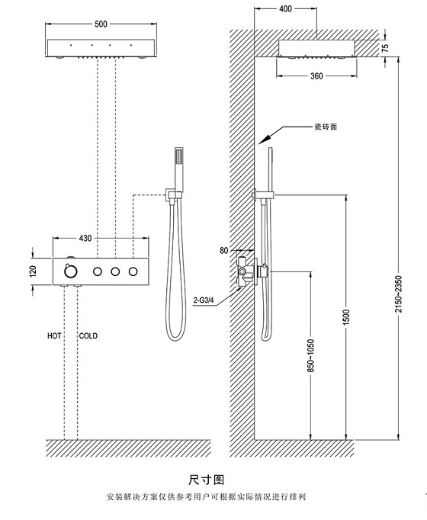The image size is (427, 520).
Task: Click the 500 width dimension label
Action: point(100,24)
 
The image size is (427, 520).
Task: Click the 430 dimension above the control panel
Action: point(85,239)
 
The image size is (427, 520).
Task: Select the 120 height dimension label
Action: point(33,271)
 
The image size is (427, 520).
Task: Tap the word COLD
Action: point(88,335)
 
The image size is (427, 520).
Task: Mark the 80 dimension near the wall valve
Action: point(223,249)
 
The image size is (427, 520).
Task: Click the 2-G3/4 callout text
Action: point(204,300)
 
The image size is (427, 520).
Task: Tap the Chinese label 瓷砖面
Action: point(325,127)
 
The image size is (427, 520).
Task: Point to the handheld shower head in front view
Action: point(178,163)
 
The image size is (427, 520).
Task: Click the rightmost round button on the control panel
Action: point(135,271)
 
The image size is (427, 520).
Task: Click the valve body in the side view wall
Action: point(246,271)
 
